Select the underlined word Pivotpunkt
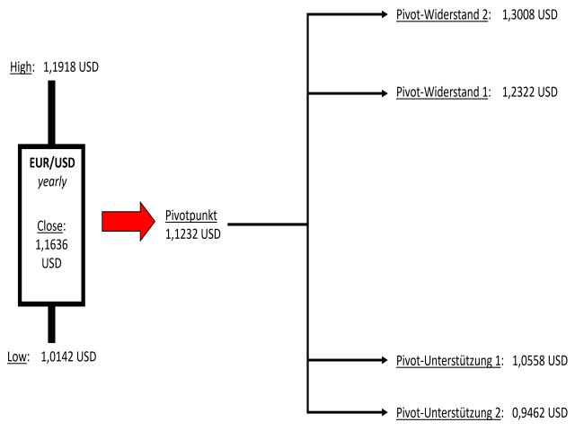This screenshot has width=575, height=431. tap(192, 215)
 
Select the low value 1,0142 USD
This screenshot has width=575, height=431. tap(68, 356)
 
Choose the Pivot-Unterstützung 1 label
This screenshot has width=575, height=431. tap(447, 360)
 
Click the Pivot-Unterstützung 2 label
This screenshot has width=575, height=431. tap(447, 412)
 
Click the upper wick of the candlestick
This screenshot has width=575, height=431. tap(51, 111)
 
